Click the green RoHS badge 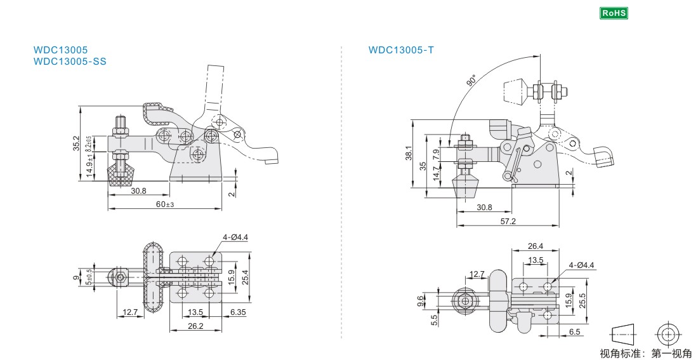[x=613, y=13]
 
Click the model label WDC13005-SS [x=70, y=61]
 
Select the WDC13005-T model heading [x=401, y=50]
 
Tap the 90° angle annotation [x=471, y=81]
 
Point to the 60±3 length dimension [x=165, y=204]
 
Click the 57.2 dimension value [x=508, y=221]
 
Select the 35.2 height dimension [x=76, y=143]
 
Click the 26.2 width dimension [x=195, y=326]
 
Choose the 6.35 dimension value [x=239, y=312]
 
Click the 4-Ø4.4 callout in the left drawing [x=235, y=237]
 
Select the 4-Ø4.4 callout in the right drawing [x=581, y=265]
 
